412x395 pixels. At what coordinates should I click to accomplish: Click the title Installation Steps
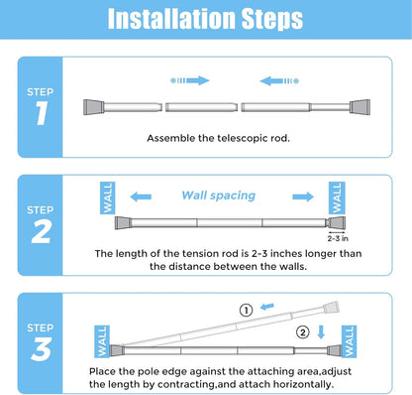click(x=206, y=19)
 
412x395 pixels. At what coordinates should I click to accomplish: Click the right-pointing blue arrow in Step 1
click(x=190, y=79)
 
